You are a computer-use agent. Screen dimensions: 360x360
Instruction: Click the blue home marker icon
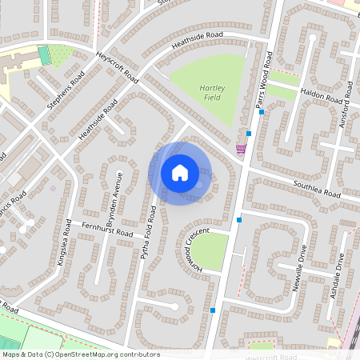pyautogui.click(x=180, y=172)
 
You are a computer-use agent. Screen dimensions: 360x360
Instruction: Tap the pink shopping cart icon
pyautogui.click(x=240, y=149)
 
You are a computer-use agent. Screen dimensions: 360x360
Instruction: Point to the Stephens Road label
pyautogui.click(x=66, y=90)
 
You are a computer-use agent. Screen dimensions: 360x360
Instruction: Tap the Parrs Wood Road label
pyautogui.click(x=265, y=79)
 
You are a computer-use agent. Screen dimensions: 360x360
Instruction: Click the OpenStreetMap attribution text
pyautogui.click(x=80, y=354)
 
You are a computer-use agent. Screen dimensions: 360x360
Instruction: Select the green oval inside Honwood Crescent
pyautogui.click(x=210, y=250)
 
